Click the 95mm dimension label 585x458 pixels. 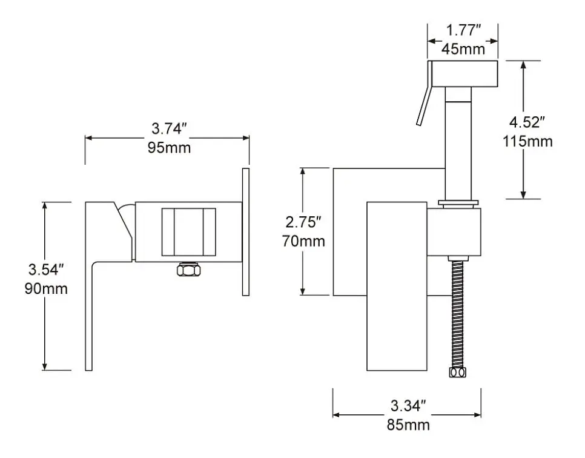(x=169, y=148)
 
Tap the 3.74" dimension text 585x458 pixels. (x=168, y=129)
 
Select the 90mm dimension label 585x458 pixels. (x=46, y=288)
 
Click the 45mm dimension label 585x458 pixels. (x=463, y=49)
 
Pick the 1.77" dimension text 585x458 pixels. (x=463, y=30)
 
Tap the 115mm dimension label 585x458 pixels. (x=527, y=142)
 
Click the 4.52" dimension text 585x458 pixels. (x=527, y=122)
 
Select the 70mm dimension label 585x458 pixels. (x=303, y=241)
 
